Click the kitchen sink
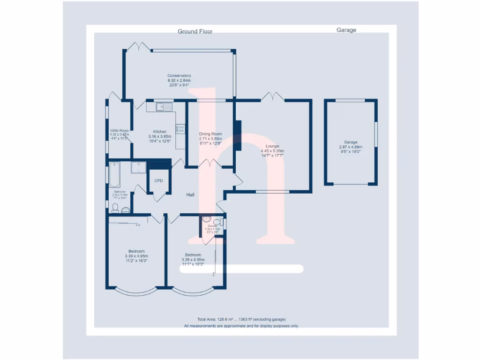pyautogui.click(x=164, y=106)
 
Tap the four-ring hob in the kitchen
pyautogui.click(x=180, y=128)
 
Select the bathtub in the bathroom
pyautogui.click(x=115, y=173)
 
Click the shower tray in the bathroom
pyautogui.click(x=139, y=167)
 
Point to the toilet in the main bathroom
pyautogui.click(x=115, y=208)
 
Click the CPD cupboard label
pyautogui.click(x=158, y=180)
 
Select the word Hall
pyautogui.click(x=190, y=195)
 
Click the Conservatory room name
pyautogui.click(x=180, y=75)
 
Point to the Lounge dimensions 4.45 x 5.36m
pyautogui.click(x=272, y=151)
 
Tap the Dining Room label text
pyautogui.click(x=210, y=134)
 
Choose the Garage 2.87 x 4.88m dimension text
pyautogui.click(x=351, y=147)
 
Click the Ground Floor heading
pyautogui.click(x=195, y=31)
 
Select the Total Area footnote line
pyautogui.click(x=241, y=319)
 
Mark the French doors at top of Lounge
pyautogui.click(x=272, y=97)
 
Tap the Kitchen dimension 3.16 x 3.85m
pyautogui.click(x=160, y=136)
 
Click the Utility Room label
pyautogui.click(x=119, y=130)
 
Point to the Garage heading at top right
pyautogui.click(x=346, y=30)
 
